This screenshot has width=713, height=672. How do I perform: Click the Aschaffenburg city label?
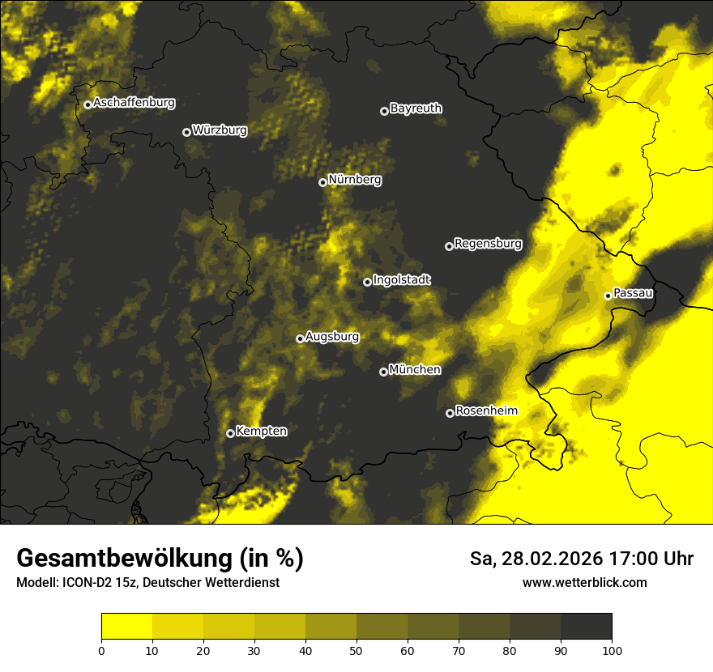pos(134,103)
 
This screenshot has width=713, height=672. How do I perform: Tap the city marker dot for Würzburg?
pos(186,132)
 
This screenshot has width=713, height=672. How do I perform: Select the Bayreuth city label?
pos(416,108)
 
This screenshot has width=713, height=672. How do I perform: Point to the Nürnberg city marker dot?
pos(322,182)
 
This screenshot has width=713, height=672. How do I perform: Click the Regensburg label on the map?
pos(488,244)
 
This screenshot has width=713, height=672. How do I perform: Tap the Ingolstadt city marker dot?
pos(367,283)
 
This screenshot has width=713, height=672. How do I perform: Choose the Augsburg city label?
pos(332,337)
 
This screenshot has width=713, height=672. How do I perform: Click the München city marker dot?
pos(383,372)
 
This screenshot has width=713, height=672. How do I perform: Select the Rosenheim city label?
pos(486,411)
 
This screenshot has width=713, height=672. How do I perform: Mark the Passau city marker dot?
pos(608,296)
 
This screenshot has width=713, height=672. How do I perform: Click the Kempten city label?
pos(261,432)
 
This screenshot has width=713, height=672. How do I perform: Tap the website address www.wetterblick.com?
pos(584,582)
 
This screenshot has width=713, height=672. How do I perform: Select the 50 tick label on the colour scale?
pos(356,649)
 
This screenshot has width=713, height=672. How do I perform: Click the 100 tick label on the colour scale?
pos(611,649)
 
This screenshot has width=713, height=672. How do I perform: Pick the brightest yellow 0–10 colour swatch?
pos(126,627)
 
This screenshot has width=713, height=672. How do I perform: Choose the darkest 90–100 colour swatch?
pos(586,627)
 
